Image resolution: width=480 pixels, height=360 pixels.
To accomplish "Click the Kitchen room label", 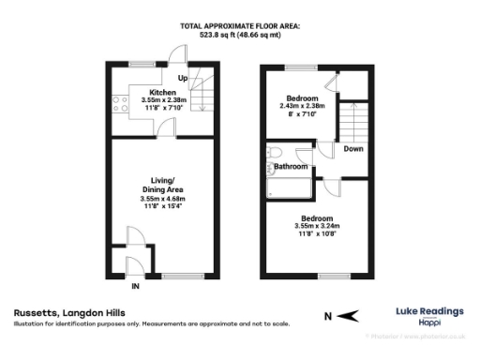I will (x=151, y=93).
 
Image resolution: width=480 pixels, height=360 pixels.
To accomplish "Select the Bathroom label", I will (x=290, y=167).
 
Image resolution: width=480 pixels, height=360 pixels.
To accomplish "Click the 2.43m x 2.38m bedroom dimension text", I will (x=302, y=106).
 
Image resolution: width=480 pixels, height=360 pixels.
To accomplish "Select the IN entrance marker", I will (x=136, y=285).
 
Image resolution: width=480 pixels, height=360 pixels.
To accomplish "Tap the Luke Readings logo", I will (x=426, y=314).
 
